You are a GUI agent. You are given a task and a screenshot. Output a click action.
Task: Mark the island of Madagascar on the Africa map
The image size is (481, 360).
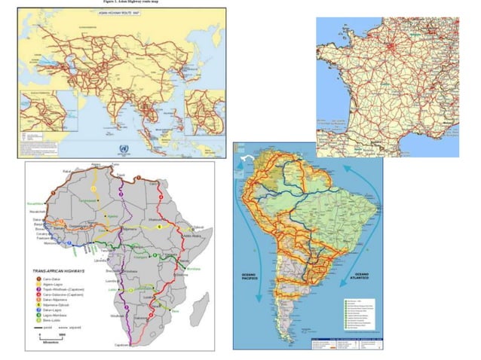point(202,303)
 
